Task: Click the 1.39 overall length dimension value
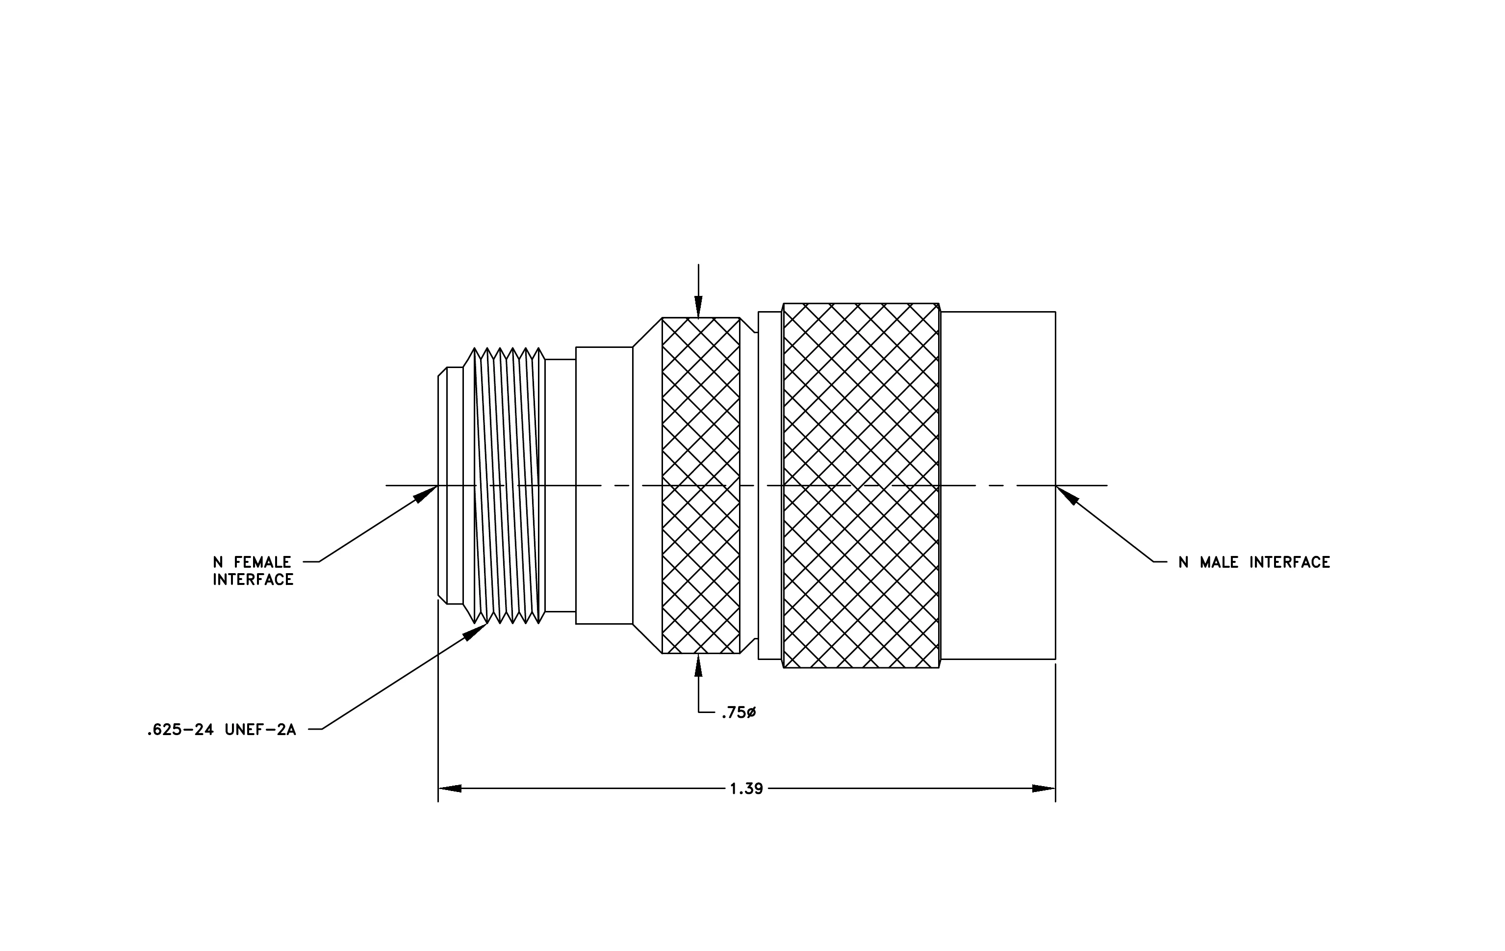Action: coord(746,789)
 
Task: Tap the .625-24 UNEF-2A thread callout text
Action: coord(221,730)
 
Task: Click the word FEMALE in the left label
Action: coord(262,562)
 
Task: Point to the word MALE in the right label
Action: coord(1220,562)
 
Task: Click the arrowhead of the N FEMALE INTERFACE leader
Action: coord(427,492)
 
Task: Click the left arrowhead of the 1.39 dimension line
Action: coord(450,789)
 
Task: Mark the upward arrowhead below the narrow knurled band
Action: coord(699,665)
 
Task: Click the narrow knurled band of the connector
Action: coord(701,485)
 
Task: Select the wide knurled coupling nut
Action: coord(861,486)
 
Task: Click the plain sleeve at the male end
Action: coord(998,485)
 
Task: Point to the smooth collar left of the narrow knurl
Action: coord(604,485)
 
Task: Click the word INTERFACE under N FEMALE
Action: coord(253,580)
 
